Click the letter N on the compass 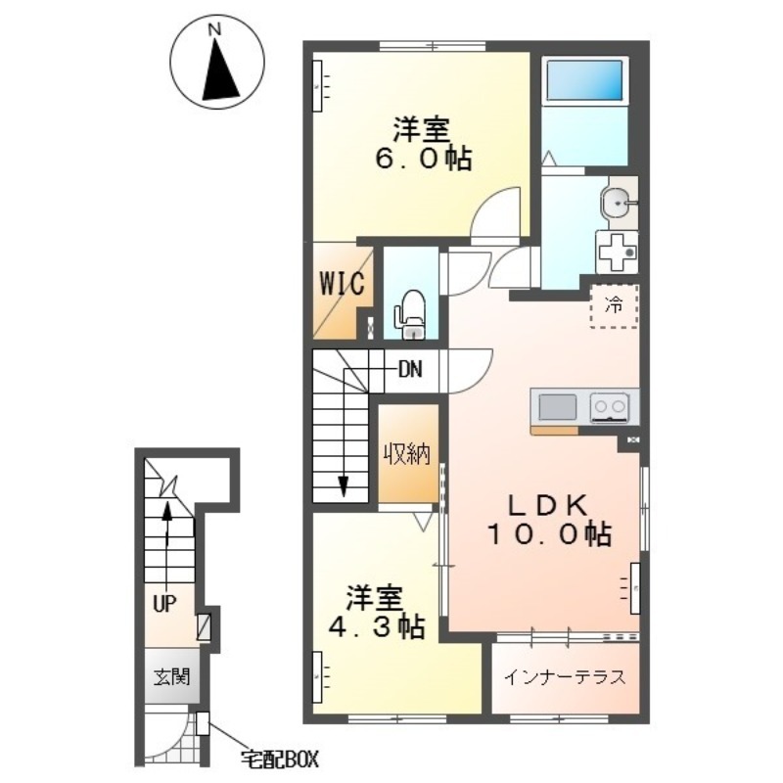(x=214, y=30)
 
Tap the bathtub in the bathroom (x=584, y=81)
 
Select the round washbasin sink (x=618, y=203)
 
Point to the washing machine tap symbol (x=618, y=252)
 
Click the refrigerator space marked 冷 (x=615, y=305)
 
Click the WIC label (x=342, y=285)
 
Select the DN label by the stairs (x=410, y=370)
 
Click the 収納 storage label (x=407, y=453)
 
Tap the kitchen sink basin (x=558, y=407)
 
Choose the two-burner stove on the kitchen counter (x=608, y=406)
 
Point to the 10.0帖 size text (x=549, y=533)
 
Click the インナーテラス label (x=565, y=677)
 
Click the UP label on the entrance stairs (x=164, y=605)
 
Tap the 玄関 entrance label (x=171, y=677)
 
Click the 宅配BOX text (x=280, y=760)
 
